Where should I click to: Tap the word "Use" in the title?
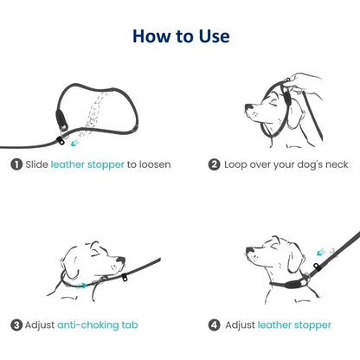click(212, 36)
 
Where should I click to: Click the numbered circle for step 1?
click(16, 164)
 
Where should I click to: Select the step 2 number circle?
click(215, 164)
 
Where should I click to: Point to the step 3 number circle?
click(16, 325)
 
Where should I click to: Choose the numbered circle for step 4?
click(215, 325)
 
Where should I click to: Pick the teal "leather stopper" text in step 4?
click(293, 325)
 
